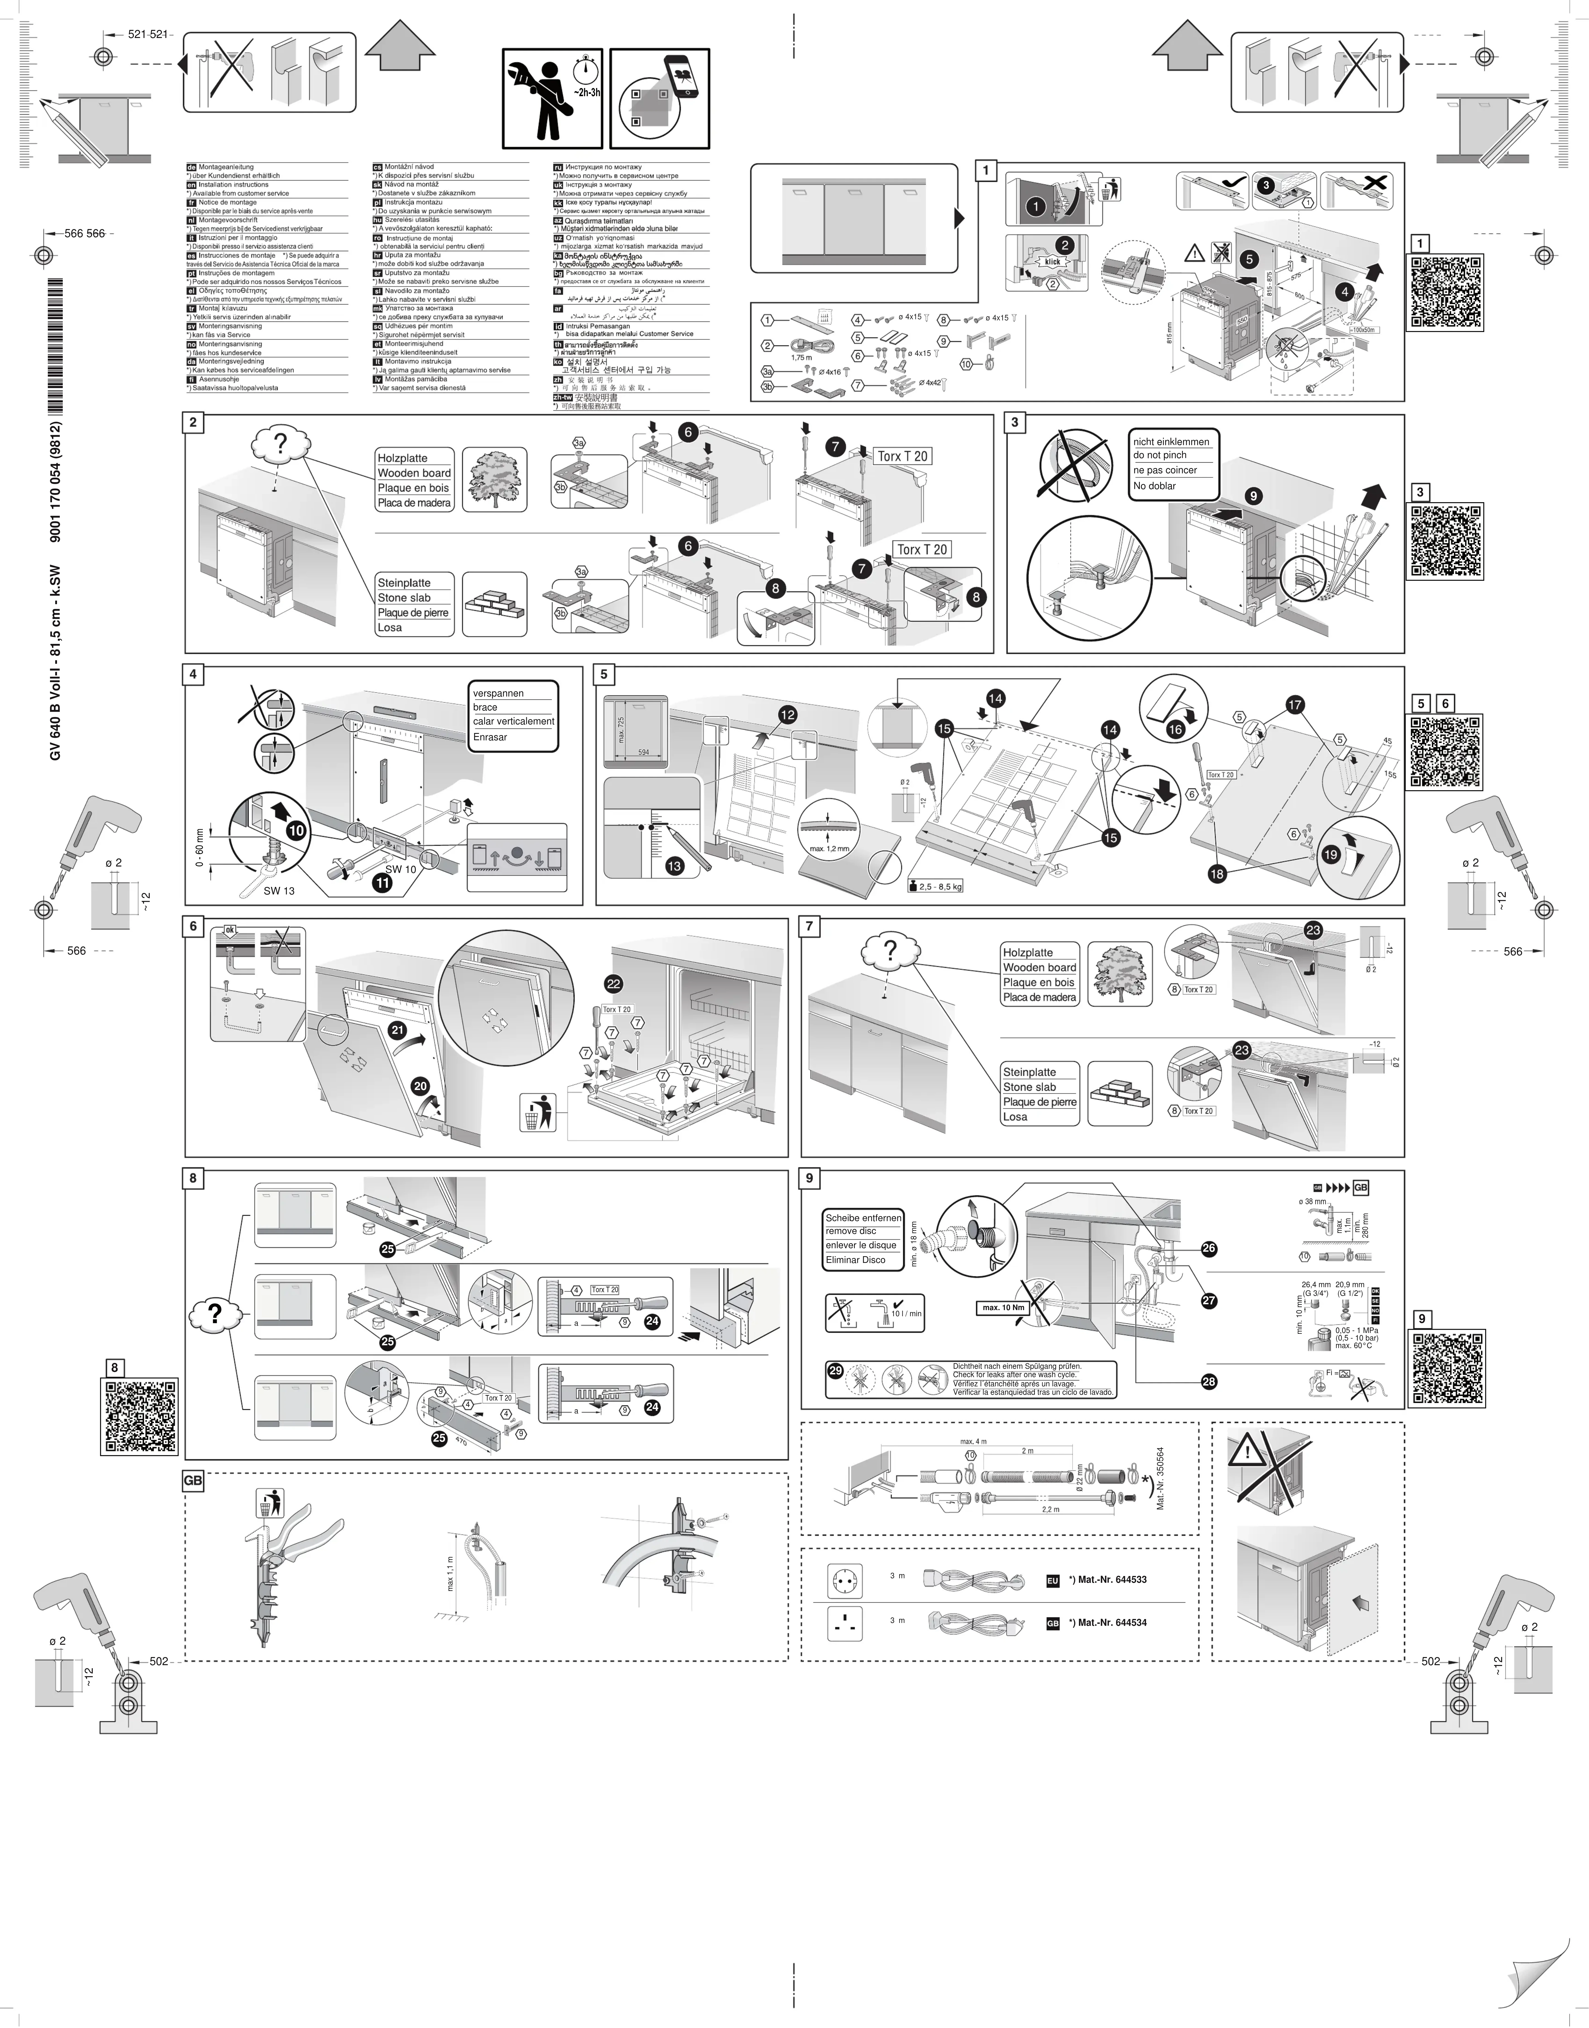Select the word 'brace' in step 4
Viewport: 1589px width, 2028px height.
486,707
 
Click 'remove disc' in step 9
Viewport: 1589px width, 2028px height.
851,1231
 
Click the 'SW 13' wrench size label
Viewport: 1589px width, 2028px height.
278,891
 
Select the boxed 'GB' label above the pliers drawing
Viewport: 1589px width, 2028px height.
192,1481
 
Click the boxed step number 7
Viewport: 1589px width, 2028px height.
810,927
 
